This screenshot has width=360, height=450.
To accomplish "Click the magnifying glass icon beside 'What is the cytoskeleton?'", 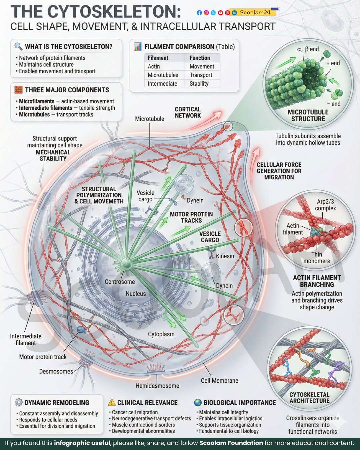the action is (x=18, y=46).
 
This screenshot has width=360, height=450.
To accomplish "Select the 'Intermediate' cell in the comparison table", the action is (x=163, y=84).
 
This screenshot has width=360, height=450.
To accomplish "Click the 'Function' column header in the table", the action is (x=200, y=58).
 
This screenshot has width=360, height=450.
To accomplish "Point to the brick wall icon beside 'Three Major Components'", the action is (x=18, y=90).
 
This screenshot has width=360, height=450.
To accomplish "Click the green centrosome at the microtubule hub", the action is (x=126, y=263).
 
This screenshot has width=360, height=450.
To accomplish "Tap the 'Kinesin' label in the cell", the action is (x=225, y=256).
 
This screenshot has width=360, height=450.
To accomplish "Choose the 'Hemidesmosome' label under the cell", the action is (x=157, y=386).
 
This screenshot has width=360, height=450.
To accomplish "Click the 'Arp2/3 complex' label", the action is (x=325, y=205).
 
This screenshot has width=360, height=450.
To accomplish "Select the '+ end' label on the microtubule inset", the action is (x=333, y=63).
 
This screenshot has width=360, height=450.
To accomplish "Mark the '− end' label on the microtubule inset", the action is (x=334, y=104).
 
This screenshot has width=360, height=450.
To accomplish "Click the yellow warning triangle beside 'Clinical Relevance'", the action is (x=112, y=402).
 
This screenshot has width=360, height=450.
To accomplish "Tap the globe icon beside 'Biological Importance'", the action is (x=198, y=402).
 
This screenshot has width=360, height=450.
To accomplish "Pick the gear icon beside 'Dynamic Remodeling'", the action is (x=19, y=402).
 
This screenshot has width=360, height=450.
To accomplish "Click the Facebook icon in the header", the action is (x=199, y=13).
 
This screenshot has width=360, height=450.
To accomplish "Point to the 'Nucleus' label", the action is (x=136, y=294).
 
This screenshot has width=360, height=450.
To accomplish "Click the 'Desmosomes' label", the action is (x=56, y=371).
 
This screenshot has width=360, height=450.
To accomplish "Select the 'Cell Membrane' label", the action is (x=219, y=381).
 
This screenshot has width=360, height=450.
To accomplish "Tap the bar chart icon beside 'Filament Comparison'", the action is (x=138, y=47).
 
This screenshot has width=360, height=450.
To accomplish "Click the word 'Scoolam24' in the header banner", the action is (x=255, y=13).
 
